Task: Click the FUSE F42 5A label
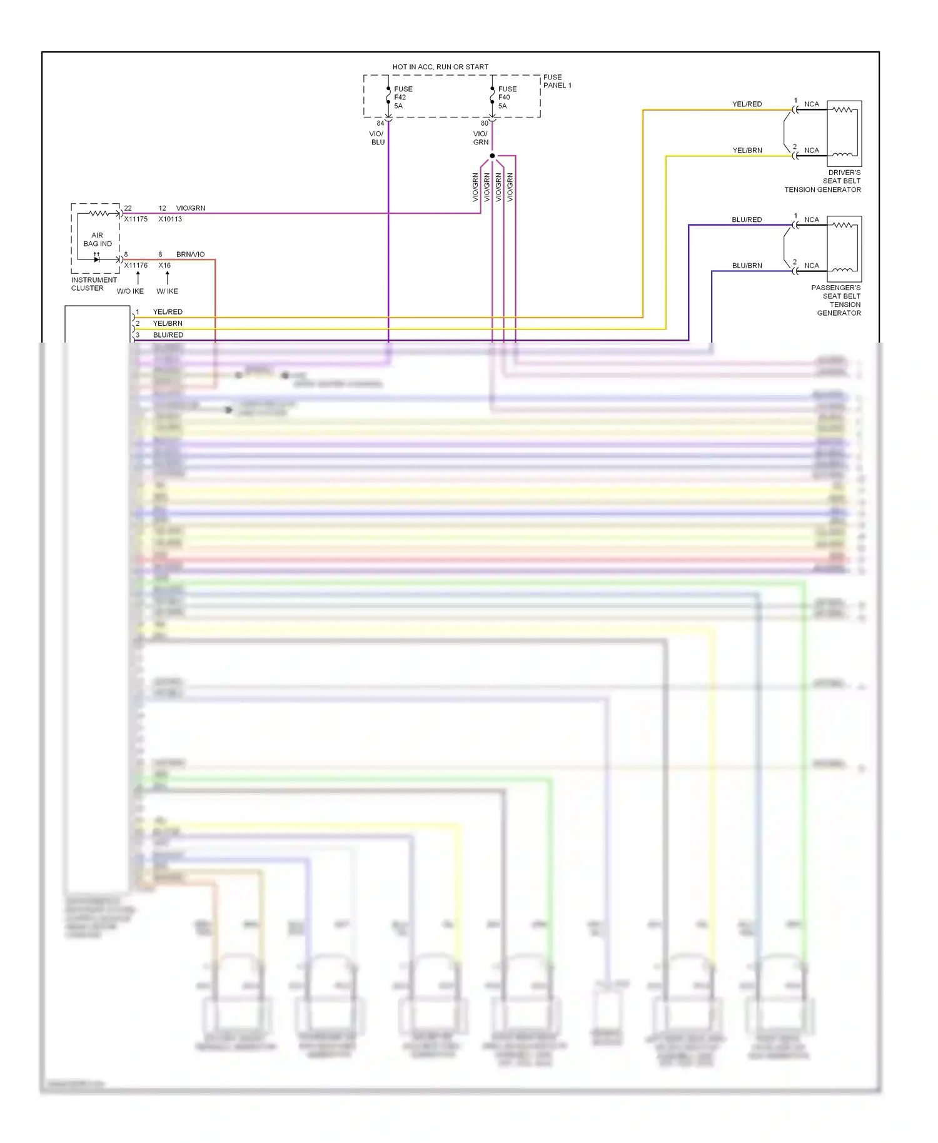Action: [x=403, y=98]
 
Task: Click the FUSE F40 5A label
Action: [x=507, y=98]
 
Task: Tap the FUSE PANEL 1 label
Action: [x=557, y=81]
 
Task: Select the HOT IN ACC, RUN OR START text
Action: [x=440, y=67]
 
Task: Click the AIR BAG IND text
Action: [x=98, y=239]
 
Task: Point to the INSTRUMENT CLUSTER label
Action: [x=93, y=284]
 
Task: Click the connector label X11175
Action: [x=136, y=219]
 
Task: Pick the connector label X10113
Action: [x=170, y=219]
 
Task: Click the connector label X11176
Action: [x=136, y=265]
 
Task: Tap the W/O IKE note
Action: [x=130, y=291]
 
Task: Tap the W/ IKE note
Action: [x=167, y=291]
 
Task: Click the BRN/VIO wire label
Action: [x=190, y=254]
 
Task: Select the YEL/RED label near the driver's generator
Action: [x=747, y=104]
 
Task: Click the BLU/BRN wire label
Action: [x=747, y=266]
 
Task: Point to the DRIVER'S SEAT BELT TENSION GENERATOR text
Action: [x=823, y=181]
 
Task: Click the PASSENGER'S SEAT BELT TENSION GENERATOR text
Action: [x=837, y=300]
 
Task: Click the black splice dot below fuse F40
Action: [x=492, y=156]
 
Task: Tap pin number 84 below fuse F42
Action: [x=380, y=123]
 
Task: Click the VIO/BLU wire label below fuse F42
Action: [x=377, y=138]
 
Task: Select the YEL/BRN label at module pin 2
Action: [x=168, y=323]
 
